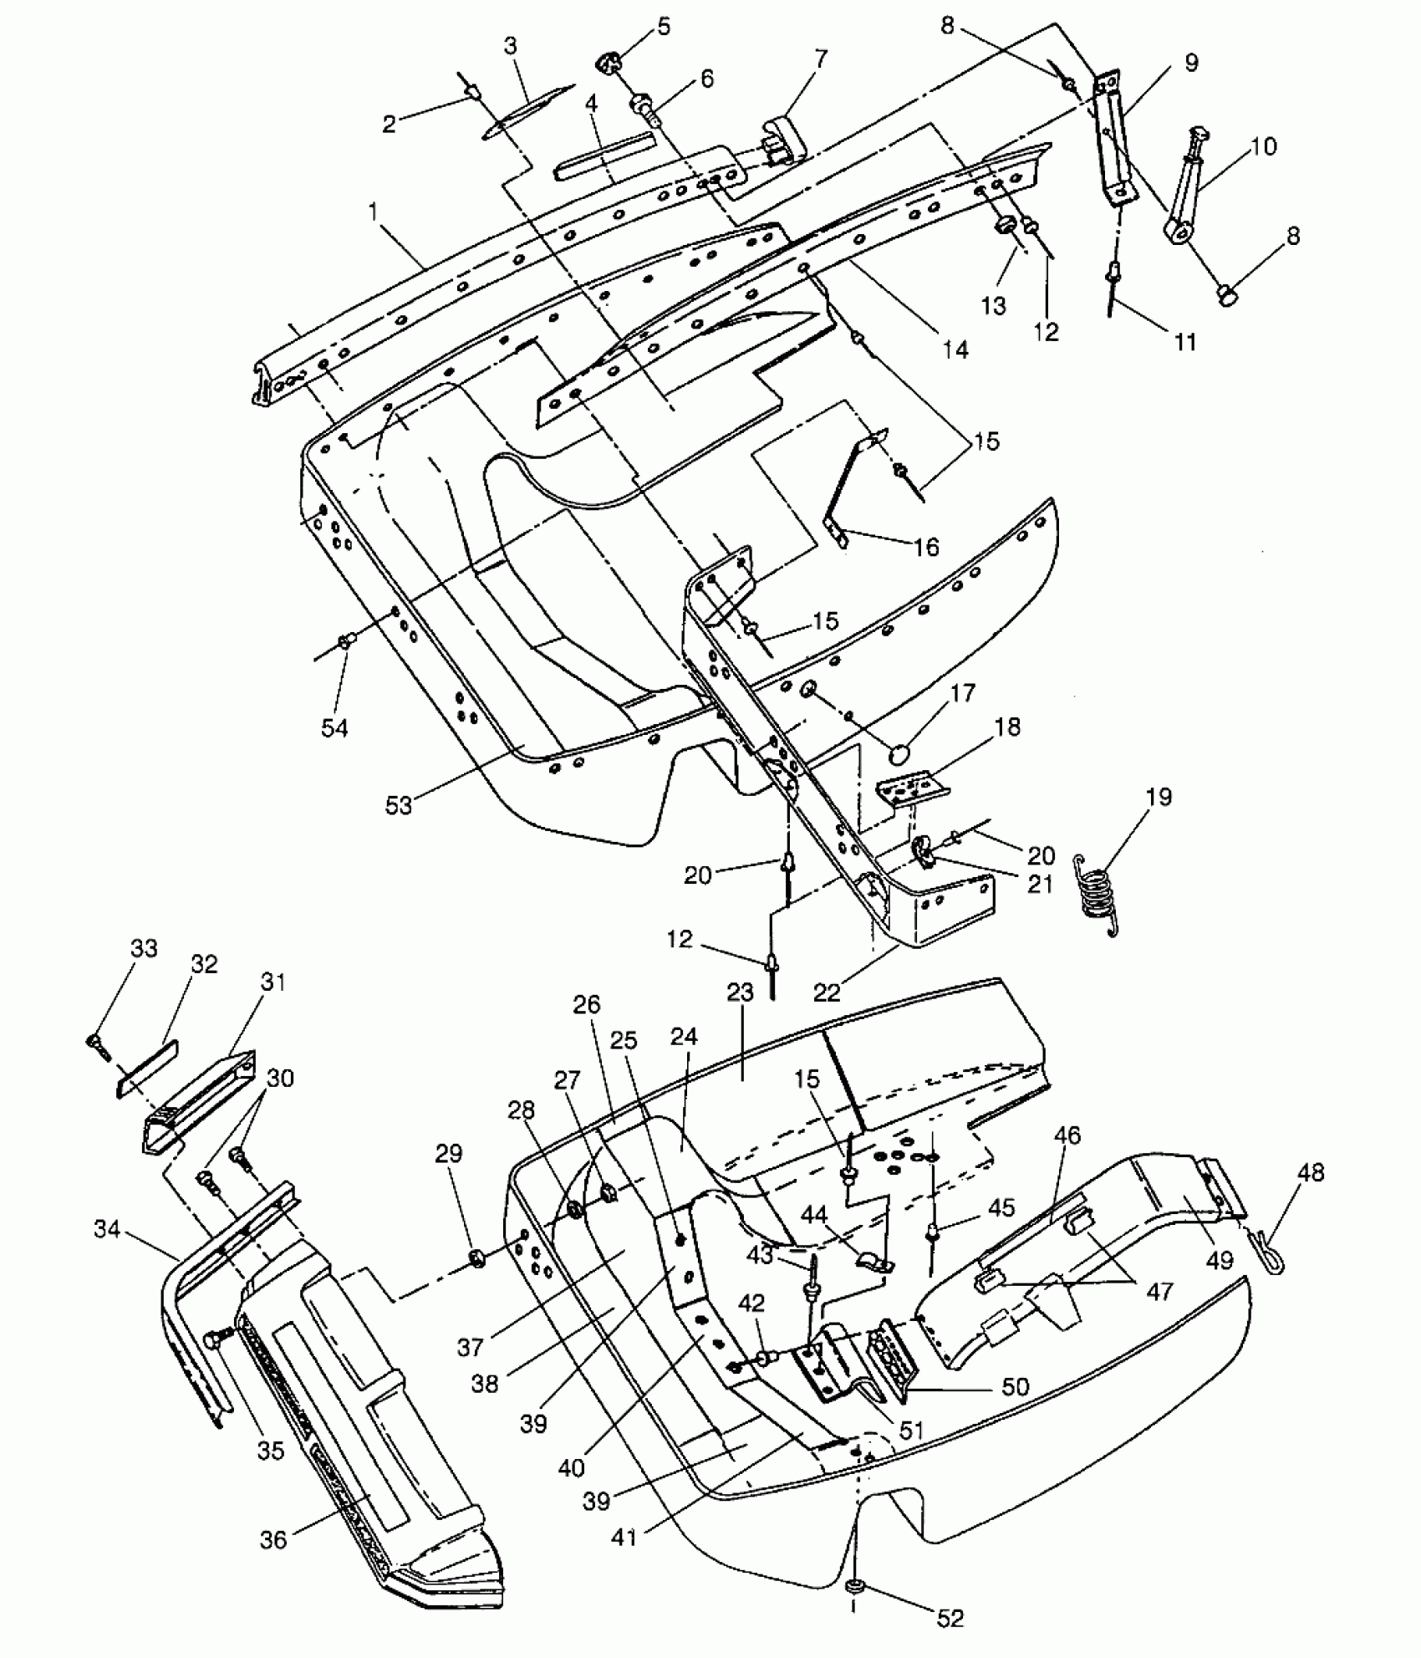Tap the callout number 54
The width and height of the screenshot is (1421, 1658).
click(x=334, y=728)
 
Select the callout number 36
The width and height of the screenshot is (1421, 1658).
click(x=273, y=1539)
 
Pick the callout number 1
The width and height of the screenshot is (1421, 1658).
click(x=374, y=212)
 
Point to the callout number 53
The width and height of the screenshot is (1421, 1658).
click(x=399, y=804)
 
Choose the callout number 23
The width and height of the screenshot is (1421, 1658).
click(x=741, y=992)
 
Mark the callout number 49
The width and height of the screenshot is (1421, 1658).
click(x=1220, y=1258)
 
